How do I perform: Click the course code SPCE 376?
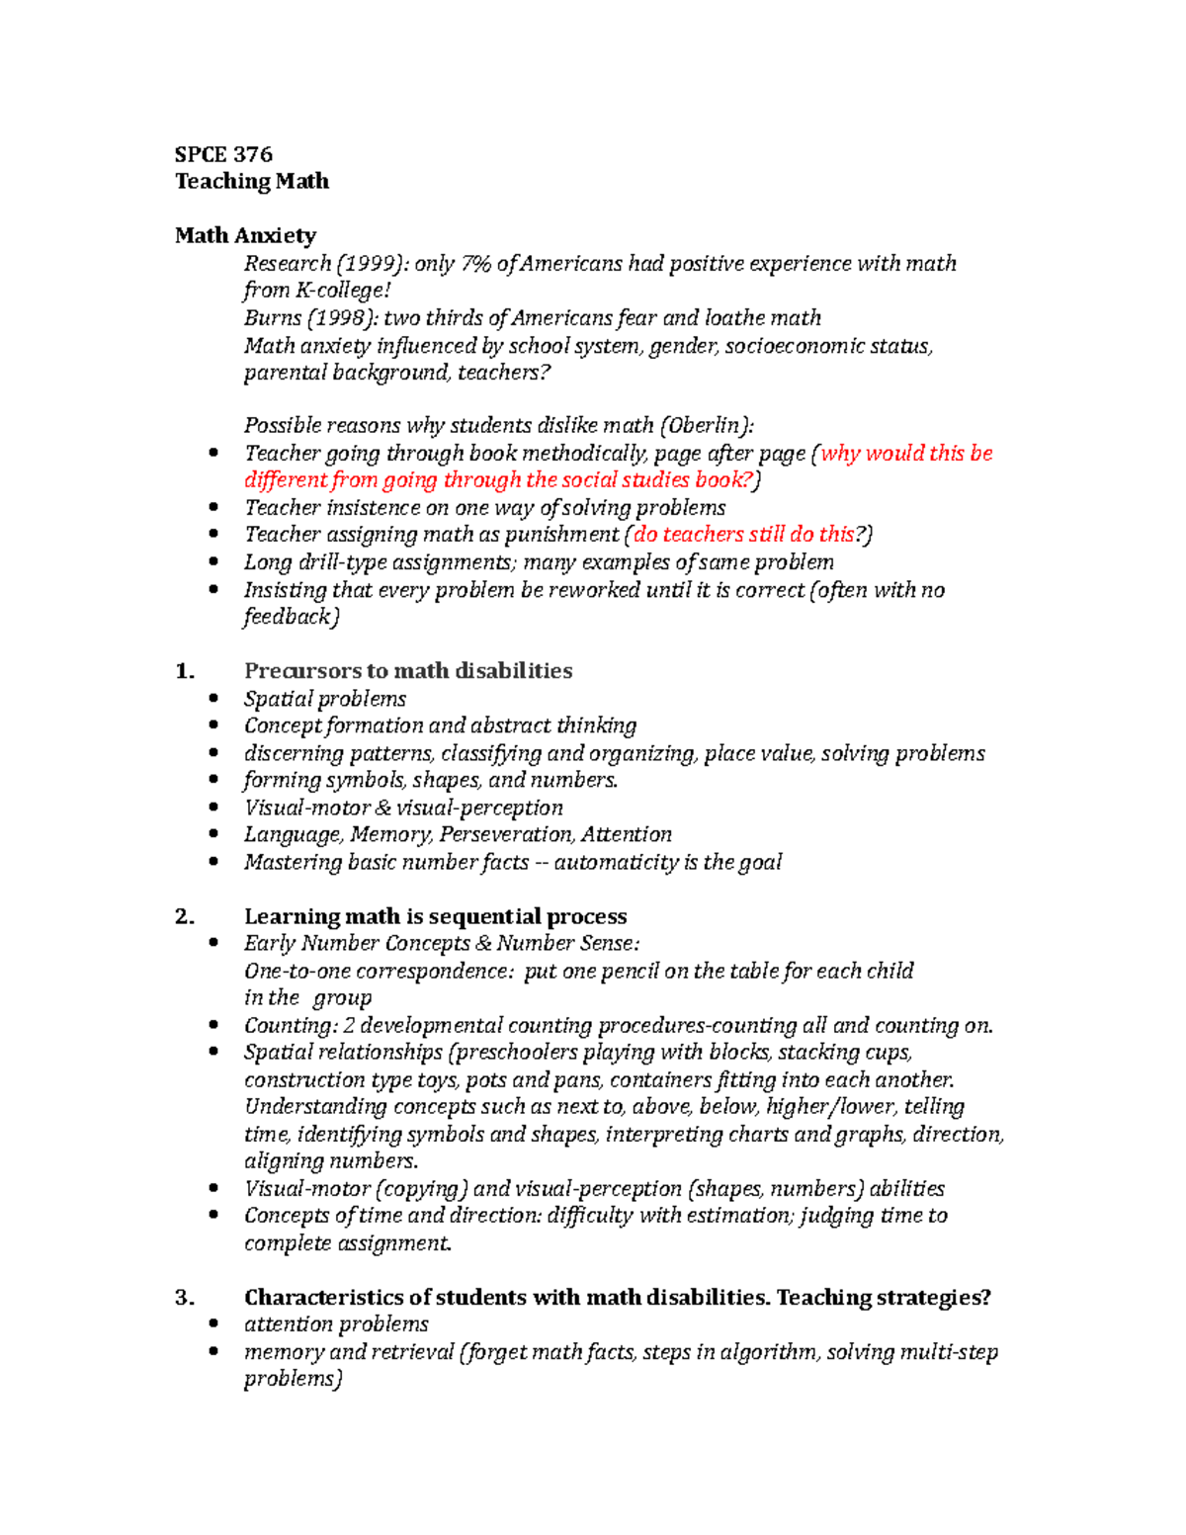click(x=223, y=154)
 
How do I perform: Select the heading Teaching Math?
click(x=252, y=181)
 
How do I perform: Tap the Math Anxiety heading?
click(x=245, y=235)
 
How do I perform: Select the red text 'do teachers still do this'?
click(x=743, y=535)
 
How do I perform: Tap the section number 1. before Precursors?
click(x=184, y=671)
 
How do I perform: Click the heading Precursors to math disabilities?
click(x=408, y=671)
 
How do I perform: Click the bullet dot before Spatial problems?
click(x=213, y=699)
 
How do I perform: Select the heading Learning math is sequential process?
click(x=435, y=917)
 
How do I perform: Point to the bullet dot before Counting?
click(x=213, y=1026)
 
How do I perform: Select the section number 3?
click(x=184, y=1298)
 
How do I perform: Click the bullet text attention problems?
click(x=336, y=1324)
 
